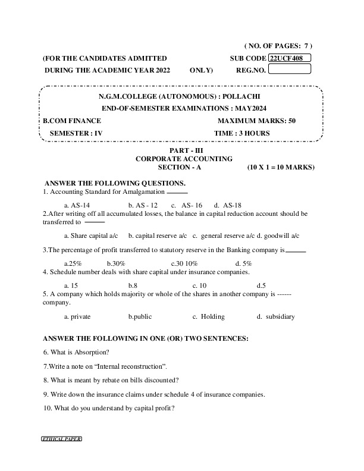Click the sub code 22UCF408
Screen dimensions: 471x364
[x=289, y=58]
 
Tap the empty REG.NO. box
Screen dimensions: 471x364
[x=290, y=69]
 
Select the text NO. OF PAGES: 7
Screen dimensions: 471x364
[x=278, y=46]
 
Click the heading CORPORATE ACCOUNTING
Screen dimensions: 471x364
[x=184, y=159]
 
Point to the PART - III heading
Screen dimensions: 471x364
[x=184, y=151]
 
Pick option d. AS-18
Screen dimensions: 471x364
[x=228, y=205]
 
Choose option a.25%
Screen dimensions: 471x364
[x=73, y=263]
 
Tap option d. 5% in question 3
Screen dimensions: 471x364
[x=244, y=263]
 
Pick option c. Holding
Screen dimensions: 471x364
[x=209, y=316]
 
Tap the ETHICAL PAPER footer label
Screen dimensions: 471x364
[x=61, y=439]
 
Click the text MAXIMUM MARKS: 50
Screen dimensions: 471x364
[x=257, y=121]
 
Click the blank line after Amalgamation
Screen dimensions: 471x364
[x=177, y=193]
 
